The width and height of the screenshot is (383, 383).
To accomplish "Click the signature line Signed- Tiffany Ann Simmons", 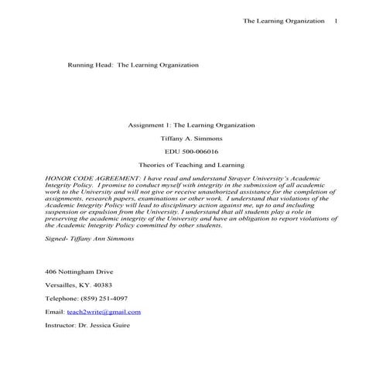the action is [90, 238].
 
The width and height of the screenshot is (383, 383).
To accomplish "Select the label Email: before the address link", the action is [56, 312].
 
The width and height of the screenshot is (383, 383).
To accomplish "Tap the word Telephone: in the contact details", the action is [62, 298].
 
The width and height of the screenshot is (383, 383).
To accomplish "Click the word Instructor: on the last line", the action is [61, 325].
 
